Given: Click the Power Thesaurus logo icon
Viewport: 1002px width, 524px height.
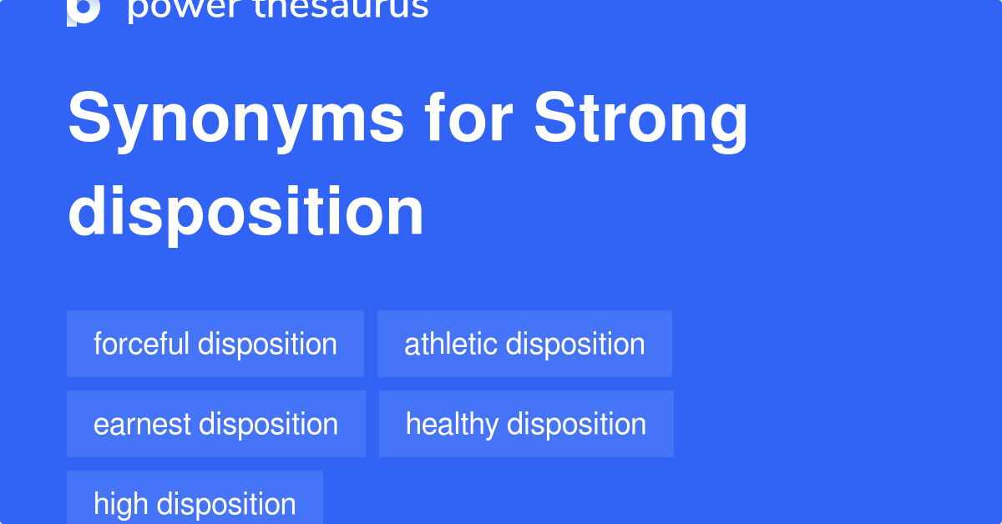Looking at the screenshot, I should pyautogui.click(x=83, y=10).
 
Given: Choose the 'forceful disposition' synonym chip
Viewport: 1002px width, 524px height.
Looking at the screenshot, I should pyautogui.click(x=215, y=344).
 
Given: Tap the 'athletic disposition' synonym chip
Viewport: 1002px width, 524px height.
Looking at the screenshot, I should pyautogui.click(x=524, y=344).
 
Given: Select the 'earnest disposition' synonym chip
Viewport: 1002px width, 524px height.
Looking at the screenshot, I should pyautogui.click(x=216, y=424).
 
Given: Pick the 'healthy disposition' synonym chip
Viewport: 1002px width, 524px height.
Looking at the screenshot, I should pyautogui.click(x=526, y=424).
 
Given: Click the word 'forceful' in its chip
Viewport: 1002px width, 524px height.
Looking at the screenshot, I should pyautogui.click(x=141, y=344).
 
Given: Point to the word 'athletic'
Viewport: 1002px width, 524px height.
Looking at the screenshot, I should pyautogui.click(x=451, y=344).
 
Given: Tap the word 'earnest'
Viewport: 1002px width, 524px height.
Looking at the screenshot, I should pyautogui.click(x=142, y=425).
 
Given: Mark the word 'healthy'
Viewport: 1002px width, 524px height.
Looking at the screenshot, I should pyautogui.click(x=452, y=425).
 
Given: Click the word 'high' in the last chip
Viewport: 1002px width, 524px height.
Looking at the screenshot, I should pyautogui.click(x=121, y=504).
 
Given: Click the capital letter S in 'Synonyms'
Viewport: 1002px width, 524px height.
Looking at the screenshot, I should pyautogui.click(x=89, y=118).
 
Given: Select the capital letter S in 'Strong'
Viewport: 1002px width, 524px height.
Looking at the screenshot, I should pyautogui.click(x=554, y=118).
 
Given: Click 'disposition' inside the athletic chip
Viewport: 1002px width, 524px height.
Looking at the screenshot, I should pyautogui.click(x=576, y=344).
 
